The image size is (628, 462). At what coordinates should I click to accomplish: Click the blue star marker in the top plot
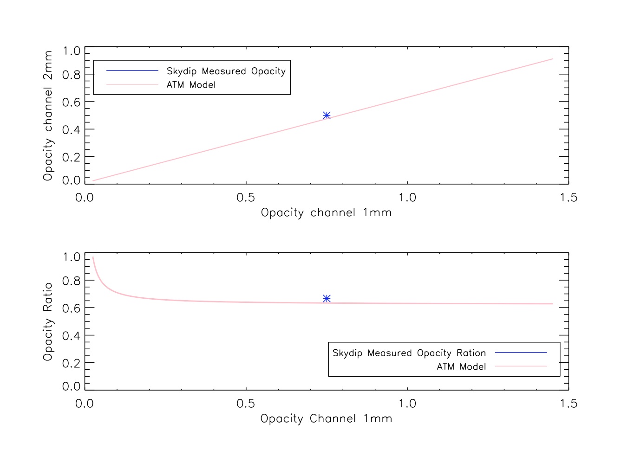(327, 115)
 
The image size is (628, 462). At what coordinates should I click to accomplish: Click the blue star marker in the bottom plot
(327, 298)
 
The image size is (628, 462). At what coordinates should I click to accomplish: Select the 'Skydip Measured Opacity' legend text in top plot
(226, 71)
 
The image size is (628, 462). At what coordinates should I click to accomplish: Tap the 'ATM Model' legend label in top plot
(191, 85)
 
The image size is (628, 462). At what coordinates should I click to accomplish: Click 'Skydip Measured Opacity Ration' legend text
(409, 353)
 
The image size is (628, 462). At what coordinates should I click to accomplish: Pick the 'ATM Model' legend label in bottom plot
(461, 366)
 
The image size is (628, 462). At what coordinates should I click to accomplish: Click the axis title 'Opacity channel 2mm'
(48, 115)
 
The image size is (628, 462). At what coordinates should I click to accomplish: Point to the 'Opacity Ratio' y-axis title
(48, 321)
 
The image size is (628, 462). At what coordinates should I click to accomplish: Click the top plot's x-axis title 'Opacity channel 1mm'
(326, 213)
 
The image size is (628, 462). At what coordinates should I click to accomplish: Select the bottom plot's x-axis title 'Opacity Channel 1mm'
(326, 419)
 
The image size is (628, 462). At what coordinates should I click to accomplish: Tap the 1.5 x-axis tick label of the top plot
(568, 198)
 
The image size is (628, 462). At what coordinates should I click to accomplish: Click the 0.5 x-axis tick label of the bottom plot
(246, 404)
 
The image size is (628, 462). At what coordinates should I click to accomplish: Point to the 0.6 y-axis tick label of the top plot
(71, 102)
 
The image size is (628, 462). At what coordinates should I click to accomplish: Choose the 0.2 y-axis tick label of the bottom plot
(71, 363)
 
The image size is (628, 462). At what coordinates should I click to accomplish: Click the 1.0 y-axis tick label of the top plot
(71, 51)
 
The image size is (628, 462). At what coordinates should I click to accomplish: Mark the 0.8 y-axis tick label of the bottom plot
(71, 281)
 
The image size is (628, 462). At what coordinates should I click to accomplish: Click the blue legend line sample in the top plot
(132, 71)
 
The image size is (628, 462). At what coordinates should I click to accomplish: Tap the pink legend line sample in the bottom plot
(521, 366)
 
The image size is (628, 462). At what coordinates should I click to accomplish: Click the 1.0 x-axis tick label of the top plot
(407, 198)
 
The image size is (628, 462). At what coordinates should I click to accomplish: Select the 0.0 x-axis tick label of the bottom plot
(85, 404)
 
